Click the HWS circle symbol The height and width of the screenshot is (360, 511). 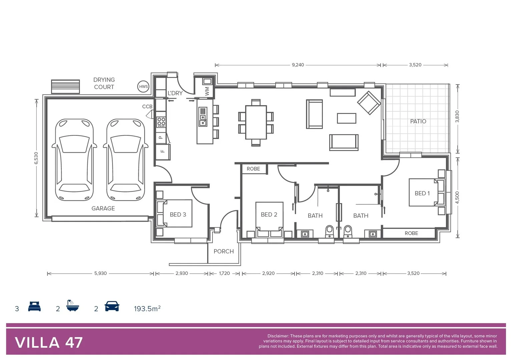click(143, 87)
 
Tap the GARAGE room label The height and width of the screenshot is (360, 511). click(103, 208)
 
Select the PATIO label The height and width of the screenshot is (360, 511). click(418, 121)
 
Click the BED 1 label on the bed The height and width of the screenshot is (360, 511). click(422, 193)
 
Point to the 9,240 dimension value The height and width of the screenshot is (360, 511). click(298, 65)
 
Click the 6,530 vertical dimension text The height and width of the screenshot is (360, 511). click(36, 158)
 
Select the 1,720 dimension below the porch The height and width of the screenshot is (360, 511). click(224, 273)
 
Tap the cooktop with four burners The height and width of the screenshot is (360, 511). click(161, 122)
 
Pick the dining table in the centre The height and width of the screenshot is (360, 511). click(256, 122)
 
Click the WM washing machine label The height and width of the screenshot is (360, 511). click(207, 91)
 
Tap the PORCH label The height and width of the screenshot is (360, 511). click(223, 251)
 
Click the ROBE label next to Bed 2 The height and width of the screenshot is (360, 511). click(253, 169)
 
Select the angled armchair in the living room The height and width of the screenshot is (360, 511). click(369, 103)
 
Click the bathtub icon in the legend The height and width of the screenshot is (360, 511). click(72, 306)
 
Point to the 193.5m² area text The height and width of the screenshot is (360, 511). click(147, 309)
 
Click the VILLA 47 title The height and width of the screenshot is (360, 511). click(49, 343)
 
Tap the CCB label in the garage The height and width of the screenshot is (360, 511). click(147, 107)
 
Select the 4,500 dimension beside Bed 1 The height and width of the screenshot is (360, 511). click(457, 197)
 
